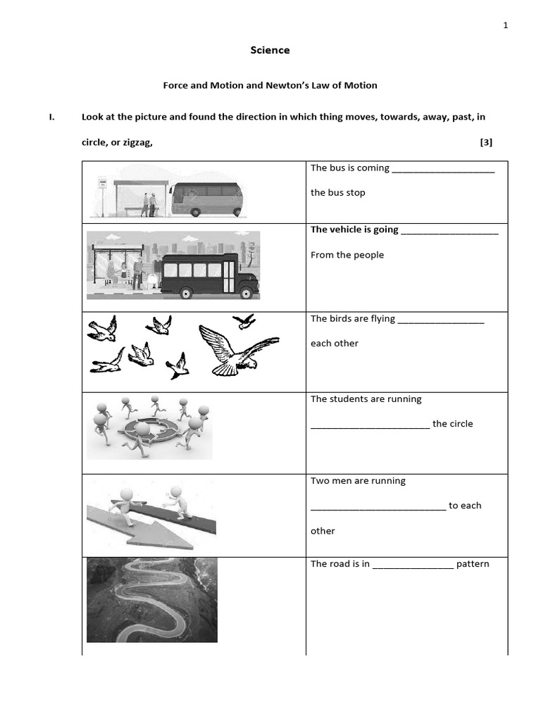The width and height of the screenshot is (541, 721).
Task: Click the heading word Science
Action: coord(270,50)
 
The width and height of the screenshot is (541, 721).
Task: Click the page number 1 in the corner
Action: coord(505,25)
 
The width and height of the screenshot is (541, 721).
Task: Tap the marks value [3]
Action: coord(486,142)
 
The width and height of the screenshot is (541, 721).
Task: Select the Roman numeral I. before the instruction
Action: coord(51,117)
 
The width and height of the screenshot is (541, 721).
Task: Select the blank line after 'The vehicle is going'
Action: coord(449,231)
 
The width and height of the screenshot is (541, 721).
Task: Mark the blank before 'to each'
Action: coord(378,507)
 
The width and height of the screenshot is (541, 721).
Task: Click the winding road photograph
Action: coord(151,599)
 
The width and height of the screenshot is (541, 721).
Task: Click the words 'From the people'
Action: coord(347,255)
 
